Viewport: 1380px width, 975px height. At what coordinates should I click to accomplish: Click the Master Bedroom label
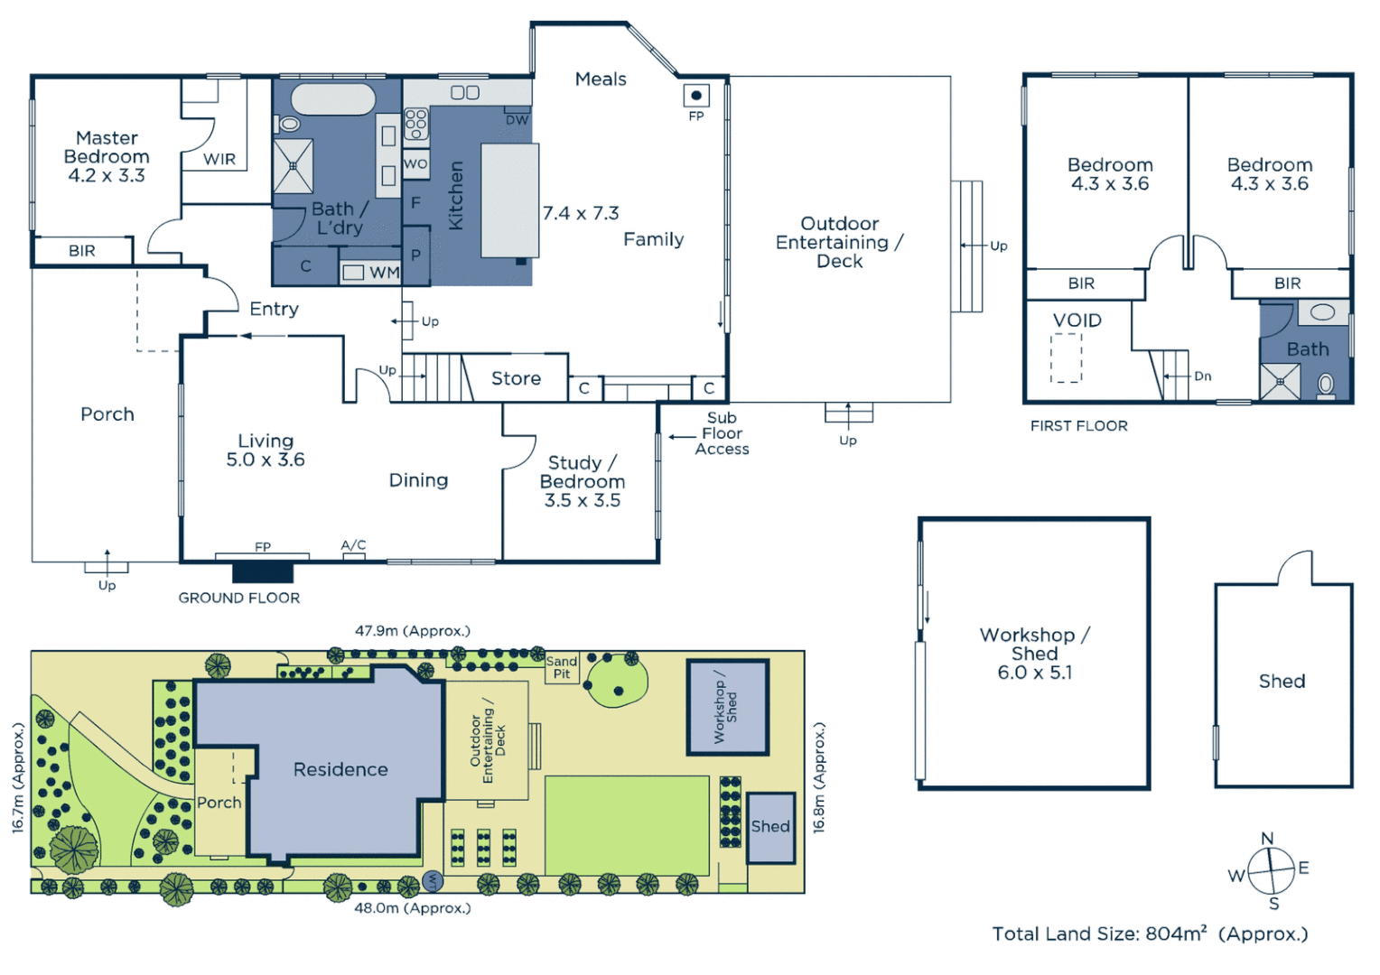(x=107, y=156)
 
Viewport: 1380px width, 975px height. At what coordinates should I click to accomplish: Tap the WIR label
(x=219, y=160)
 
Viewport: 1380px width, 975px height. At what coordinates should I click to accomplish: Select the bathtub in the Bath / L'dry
(x=332, y=99)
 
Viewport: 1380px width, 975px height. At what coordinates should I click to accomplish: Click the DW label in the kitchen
(x=517, y=120)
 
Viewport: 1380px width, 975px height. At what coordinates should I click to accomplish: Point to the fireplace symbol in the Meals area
(x=695, y=95)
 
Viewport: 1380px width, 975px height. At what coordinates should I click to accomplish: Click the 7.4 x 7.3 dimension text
(x=581, y=213)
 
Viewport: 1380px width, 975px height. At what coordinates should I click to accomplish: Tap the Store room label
(x=516, y=378)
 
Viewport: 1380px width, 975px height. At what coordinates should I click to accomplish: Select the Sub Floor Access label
(x=722, y=433)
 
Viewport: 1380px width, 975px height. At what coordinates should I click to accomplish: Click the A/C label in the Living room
(x=353, y=544)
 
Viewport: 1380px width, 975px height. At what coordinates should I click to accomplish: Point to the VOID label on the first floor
(x=1077, y=320)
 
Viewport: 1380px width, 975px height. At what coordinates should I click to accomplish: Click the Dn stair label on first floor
(x=1202, y=376)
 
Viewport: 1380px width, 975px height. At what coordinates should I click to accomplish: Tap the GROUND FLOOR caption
(x=238, y=598)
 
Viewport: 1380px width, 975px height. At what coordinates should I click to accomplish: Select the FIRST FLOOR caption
(x=1078, y=426)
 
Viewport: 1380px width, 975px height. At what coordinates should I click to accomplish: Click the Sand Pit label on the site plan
(x=561, y=667)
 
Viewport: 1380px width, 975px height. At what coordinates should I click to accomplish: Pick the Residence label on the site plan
(x=340, y=769)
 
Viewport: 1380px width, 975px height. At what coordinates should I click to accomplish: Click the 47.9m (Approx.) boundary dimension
(x=412, y=631)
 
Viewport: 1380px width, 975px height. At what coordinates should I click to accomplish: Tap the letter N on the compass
(x=1267, y=839)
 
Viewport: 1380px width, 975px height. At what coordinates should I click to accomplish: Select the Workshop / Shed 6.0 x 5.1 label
(x=1034, y=654)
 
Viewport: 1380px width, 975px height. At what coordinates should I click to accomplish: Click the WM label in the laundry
(x=384, y=273)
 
